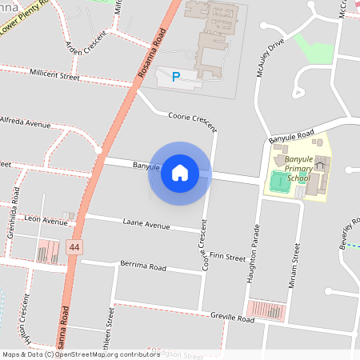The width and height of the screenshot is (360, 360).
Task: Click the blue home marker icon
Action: tap(180, 173)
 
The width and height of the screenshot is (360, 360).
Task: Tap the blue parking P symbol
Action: tap(176, 76)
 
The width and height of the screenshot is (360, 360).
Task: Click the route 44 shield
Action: tap(74, 248)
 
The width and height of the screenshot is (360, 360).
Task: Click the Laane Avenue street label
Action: tap(146, 224)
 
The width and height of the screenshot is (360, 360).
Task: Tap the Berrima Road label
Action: tap(142, 266)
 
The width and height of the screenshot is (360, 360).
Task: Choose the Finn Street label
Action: tap(228, 258)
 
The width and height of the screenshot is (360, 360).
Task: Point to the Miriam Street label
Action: tap(296, 263)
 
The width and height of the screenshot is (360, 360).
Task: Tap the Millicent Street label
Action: tap(54, 74)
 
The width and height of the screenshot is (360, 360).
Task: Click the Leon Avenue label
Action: tap(46, 220)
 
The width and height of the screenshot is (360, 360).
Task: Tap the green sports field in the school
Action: tap(278, 181)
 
